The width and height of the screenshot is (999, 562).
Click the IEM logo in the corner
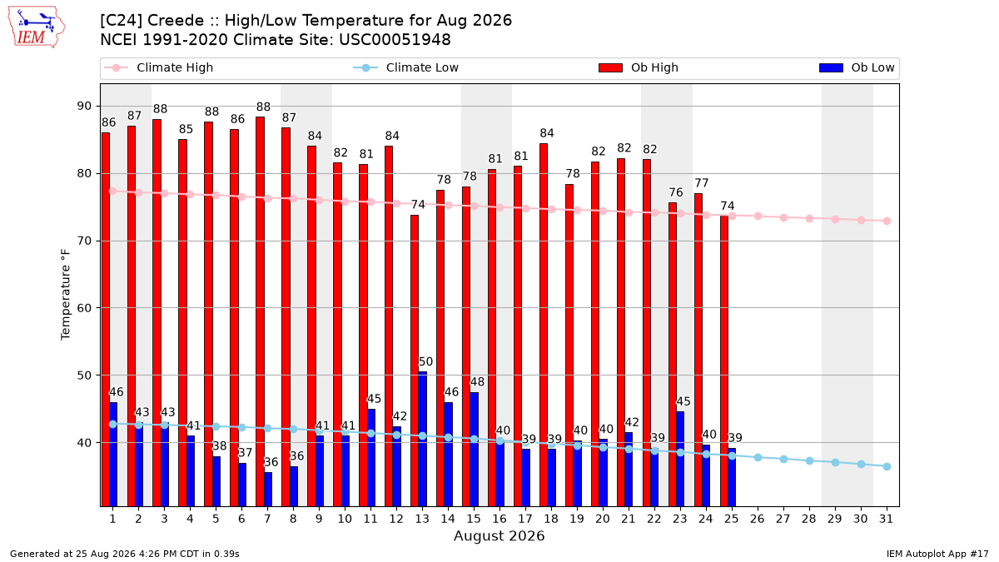click(37, 27)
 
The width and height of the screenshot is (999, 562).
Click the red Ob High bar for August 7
click(260, 311)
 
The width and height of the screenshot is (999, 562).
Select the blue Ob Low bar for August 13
click(422, 439)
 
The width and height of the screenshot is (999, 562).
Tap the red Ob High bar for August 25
click(724, 361)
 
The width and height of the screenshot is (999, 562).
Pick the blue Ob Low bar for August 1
click(113, 454)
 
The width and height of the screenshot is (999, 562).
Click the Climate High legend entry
click(159, 67)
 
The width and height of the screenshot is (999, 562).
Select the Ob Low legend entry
click(857, 67)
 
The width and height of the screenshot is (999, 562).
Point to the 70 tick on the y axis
click(84, 241)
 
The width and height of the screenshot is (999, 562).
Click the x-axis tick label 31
click(886, 519)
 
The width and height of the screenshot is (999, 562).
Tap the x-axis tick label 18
click(551, 519)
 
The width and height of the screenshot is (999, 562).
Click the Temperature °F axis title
click(66, 295)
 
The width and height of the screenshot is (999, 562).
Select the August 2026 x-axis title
click(499, 535)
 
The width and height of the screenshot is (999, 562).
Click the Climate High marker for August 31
click(887, 221)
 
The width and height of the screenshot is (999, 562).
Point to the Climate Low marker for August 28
click(809, 460)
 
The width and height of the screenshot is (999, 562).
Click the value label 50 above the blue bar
click(425, 361)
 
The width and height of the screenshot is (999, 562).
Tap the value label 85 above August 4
click(186, 129)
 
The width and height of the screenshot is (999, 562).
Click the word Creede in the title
click(176, 21)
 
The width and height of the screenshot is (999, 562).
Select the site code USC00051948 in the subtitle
click(395, 40)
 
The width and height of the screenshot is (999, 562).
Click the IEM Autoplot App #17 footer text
click(937, 554)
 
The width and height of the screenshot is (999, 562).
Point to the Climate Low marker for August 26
click(758, 458)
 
